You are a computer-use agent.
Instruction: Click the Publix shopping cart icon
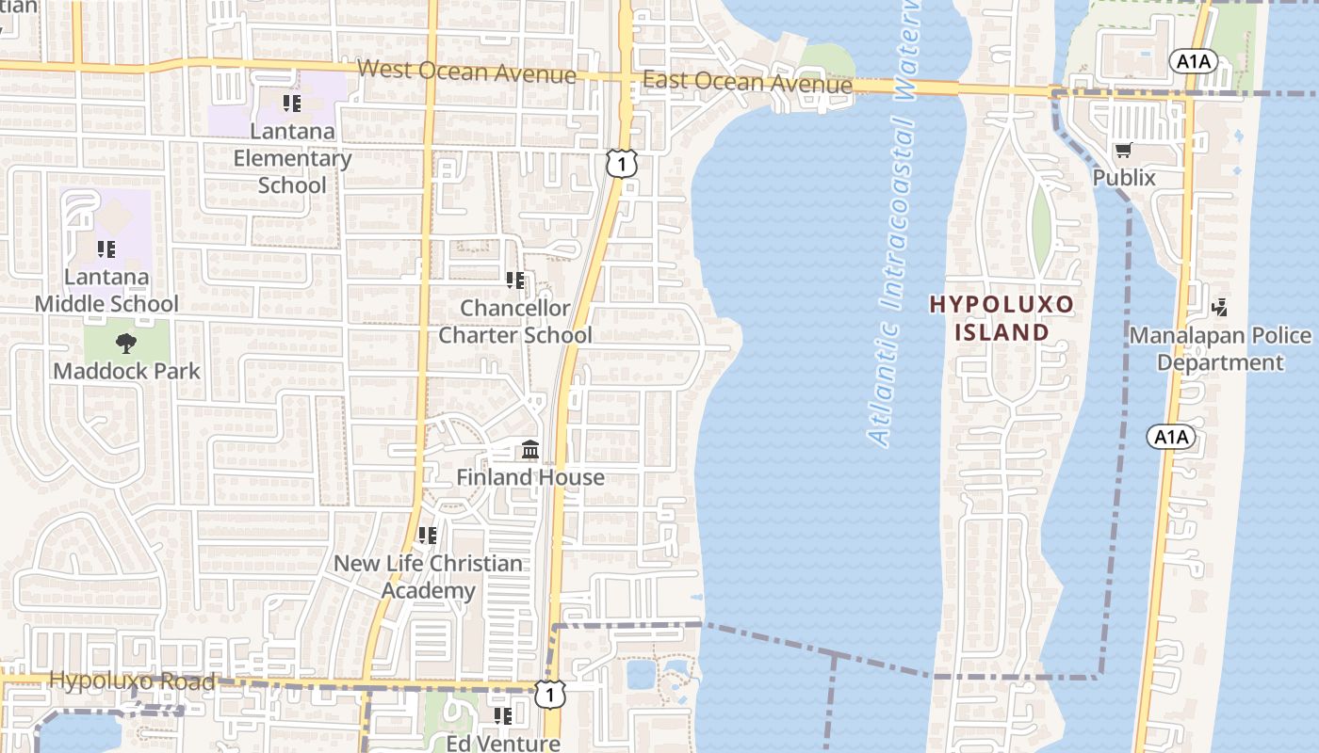1123,151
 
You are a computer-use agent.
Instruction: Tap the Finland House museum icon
530,451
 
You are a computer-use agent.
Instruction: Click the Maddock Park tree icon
126,344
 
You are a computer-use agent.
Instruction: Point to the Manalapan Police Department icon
1220,307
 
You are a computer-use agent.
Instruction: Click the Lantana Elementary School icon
291,103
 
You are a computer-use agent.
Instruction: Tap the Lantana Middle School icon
106,249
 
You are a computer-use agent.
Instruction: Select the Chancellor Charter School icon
515,280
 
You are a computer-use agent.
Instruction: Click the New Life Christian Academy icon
428,536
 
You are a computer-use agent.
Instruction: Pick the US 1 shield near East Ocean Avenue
622,164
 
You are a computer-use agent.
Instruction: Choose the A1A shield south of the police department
1171,436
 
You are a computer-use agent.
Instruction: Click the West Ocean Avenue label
466,72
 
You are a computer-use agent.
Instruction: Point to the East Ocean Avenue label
747,83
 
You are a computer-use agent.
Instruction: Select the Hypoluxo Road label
132,680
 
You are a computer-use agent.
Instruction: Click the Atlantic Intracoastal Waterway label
894,226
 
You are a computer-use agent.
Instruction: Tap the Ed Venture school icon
503,716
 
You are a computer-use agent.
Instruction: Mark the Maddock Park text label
126,371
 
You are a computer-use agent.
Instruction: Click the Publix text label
1124,177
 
